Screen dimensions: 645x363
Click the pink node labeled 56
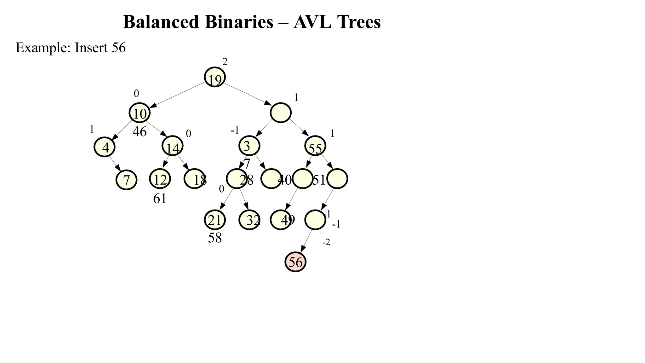point(295,262)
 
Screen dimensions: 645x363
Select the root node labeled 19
point(215,77)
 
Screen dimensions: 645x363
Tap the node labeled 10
point(140,113)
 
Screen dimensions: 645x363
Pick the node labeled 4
point(105,147)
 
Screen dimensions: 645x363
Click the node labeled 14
point(172,146)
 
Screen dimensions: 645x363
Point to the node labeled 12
point(160,179)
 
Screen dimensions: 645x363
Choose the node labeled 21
point(215,220)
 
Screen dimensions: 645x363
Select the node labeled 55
point(315,146)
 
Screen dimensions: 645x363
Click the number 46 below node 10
point(140,132)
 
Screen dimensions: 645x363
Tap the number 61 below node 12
point(160,199)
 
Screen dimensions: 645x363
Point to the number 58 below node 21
point(215,238)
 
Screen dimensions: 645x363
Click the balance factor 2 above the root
point(225,62)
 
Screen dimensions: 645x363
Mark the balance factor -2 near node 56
point(326,242)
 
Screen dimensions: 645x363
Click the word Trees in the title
point(359,22)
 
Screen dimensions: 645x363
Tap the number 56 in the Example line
point(119,48)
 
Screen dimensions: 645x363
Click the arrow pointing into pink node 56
point(306,241)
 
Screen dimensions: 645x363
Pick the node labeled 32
point(249,220)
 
